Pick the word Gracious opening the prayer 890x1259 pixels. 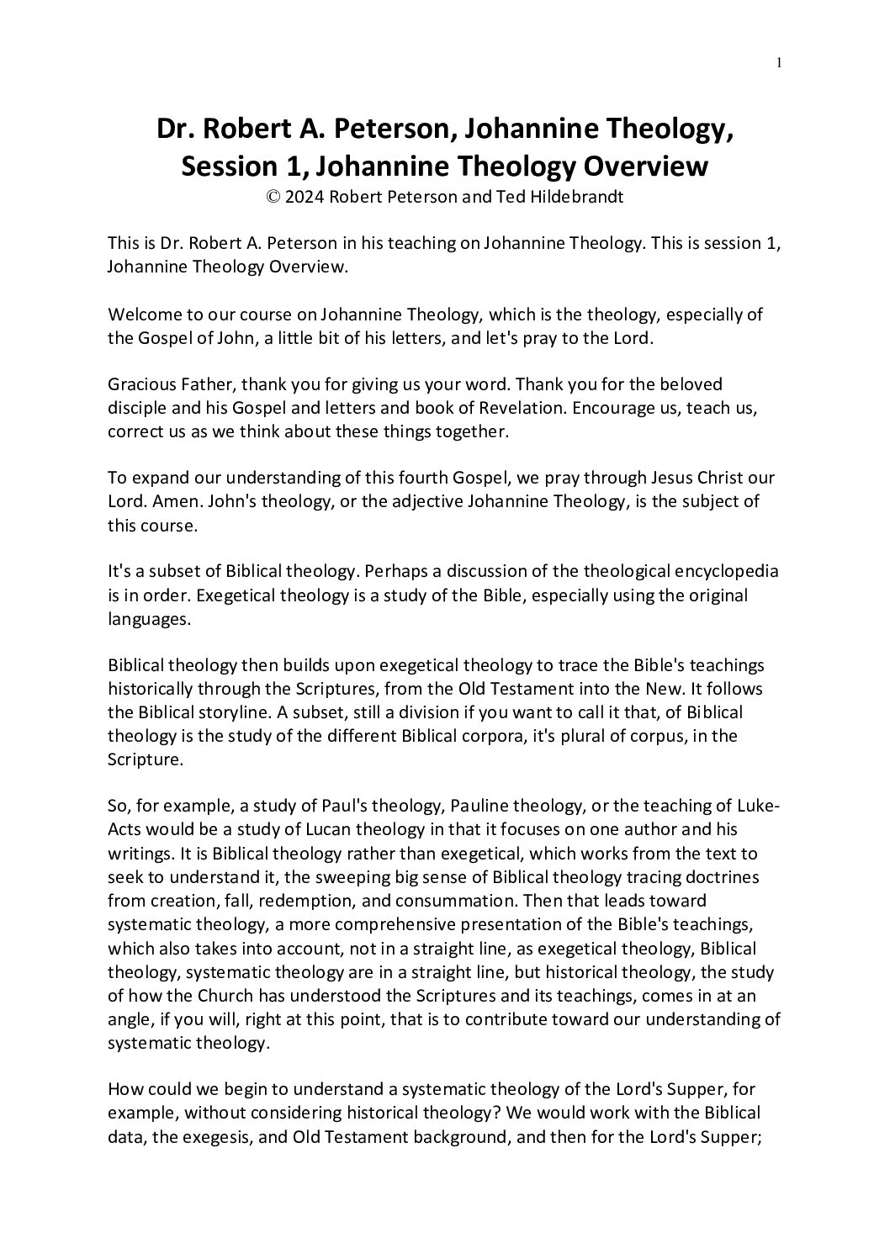pyautogui.click(x=140, y=384)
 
